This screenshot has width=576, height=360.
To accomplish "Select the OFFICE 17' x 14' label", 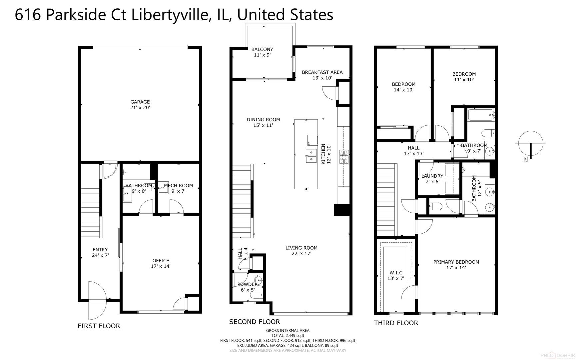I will [x=161, y=263].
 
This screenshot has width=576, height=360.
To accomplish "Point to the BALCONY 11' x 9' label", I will [x=262, y=52].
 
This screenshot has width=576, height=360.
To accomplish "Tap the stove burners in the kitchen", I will [x=344, y=157].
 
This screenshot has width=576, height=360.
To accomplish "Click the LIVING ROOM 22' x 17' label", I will [x=301, y=250].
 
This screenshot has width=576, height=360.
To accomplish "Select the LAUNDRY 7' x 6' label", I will [x=432, y=179].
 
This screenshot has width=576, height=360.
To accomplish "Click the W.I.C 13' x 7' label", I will [x=395, y=275].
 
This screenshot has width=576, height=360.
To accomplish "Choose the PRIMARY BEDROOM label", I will [x=456, y=264].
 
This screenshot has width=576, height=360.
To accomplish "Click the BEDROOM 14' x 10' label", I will [x=403, y=87].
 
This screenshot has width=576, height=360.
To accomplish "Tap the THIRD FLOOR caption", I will [x=396, y=323].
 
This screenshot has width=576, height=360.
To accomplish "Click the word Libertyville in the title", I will [x=169, y=15].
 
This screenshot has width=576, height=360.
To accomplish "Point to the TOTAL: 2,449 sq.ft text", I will [x=288, y=336].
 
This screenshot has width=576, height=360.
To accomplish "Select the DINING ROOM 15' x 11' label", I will [x=263, y=122].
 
